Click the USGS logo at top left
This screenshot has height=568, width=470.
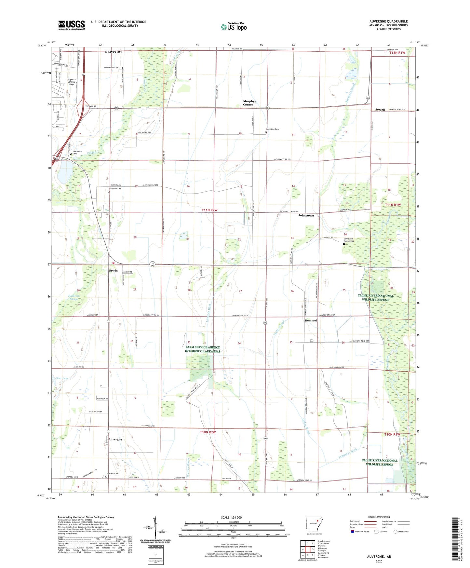click(x=71, y=25)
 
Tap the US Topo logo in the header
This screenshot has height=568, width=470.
click(x=234, y=27)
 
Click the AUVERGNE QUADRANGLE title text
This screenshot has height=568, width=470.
click(x=388, y=21)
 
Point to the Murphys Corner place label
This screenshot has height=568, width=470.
click(x=249, y=103)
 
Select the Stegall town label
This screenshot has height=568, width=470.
click(x=380, y=110)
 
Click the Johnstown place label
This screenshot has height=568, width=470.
click(x=306, y=215)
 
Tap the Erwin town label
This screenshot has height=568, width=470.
click(x=113, y=271)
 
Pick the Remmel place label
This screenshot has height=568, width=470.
click(x=311, y=320)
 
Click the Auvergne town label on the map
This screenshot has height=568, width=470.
click(x=115, y=439)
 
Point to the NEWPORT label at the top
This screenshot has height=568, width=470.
click(x=113, y=52)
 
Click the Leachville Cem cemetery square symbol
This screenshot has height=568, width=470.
click(x=75, y=154)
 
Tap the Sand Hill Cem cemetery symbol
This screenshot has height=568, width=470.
click(x=106, y=477)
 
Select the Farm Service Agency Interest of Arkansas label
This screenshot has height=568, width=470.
click(x=202, y=349)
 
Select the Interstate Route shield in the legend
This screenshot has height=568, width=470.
click(x=353, y=541)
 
